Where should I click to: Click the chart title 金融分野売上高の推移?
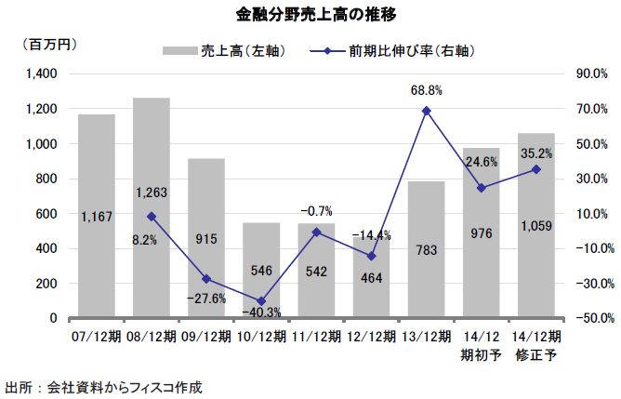310,16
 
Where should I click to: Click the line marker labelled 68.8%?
426,111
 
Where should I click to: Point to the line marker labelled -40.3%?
261,301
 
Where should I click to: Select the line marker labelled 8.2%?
152,216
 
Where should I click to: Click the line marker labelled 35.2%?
535,169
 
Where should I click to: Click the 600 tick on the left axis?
46,214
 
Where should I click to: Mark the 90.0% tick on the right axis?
591,73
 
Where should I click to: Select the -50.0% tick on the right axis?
589,318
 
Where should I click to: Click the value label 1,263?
152,193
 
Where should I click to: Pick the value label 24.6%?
481,162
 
